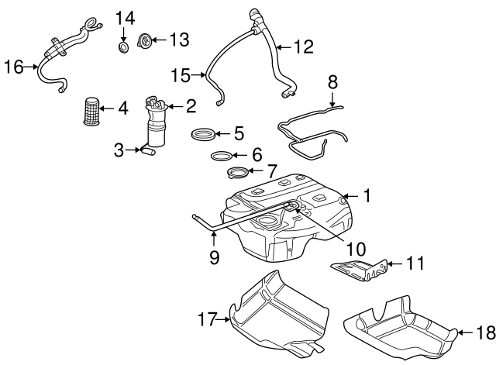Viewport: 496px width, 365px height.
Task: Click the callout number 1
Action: click(367, 197)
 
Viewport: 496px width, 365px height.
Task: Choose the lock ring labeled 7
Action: click(240, 172)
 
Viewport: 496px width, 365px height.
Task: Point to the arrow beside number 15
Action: click(199, 75)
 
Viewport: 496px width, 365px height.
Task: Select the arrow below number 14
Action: click(124, 34)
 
